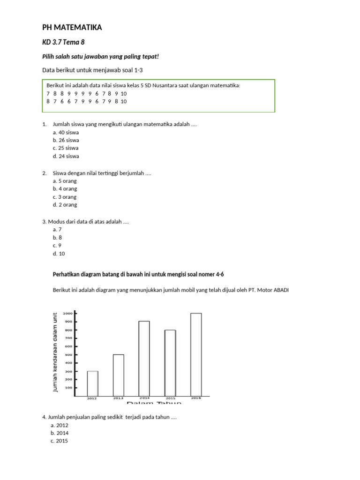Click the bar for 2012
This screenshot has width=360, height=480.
[x=92, y=383]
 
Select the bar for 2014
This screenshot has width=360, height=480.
[x=144, y=359]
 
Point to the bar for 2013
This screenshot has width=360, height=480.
[x=118, y=375]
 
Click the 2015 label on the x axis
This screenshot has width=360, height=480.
[x=170, y=398]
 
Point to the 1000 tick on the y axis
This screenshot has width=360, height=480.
[x=68, y=313]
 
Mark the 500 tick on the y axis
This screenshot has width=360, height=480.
[x=68, y=354]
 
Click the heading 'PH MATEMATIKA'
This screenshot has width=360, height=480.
[x=72, y=28]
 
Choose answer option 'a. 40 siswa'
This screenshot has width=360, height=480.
[x=66, y=132]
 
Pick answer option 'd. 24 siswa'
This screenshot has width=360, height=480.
[x=66, y=156]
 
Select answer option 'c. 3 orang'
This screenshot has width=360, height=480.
[x=65, y=197]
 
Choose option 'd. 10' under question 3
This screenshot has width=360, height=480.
[x=59, y=254]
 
